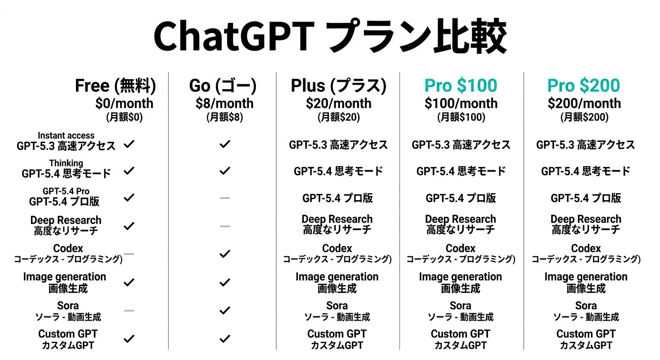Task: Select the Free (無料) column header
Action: click(115, 86)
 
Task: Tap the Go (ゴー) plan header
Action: click(223, 86)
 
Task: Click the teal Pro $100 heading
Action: click(461, 85)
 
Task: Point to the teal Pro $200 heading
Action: click(584, 85)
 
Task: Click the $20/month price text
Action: click(338, 104)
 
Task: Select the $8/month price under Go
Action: click(225, 104)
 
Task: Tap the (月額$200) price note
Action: click(584, 117)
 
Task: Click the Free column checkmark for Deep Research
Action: click(129, 226)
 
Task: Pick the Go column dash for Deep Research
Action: click(225, 226)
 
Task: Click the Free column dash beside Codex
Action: click(129, 254)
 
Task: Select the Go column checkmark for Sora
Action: click(225, 310)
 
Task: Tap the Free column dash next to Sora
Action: click(129, 310)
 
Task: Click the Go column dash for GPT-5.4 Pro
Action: click(225, 198)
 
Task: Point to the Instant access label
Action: click(66, 135)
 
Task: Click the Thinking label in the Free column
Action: click(66, 163)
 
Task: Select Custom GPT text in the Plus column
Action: click(337, 334)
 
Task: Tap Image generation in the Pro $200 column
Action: click(586, 277)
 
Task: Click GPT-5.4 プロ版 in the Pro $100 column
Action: click(461, 198)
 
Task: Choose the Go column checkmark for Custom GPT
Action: click(225, 339)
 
